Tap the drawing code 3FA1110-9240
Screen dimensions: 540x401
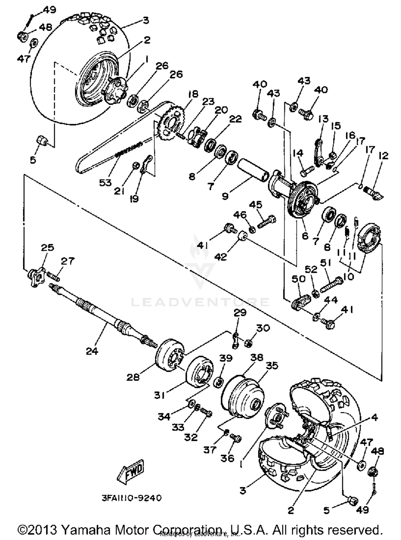pos(132,498)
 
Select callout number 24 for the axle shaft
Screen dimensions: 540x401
pos(92,351)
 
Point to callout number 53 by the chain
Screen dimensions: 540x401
pos(105,183)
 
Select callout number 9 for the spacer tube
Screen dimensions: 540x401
pos(225,196)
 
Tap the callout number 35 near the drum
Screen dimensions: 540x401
pos(272,365)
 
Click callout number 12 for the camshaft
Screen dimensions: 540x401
pos(383,156)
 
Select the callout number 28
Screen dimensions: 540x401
pos(133,377)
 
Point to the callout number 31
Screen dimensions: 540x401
pos(159,395)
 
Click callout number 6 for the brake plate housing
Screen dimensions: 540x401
pos(305,236)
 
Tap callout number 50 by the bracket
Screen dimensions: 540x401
pos(298,279)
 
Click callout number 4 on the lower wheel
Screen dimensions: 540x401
pos(375,417)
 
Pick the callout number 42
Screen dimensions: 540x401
pos(221,257)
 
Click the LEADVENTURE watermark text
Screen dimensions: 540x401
pos(200,302)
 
